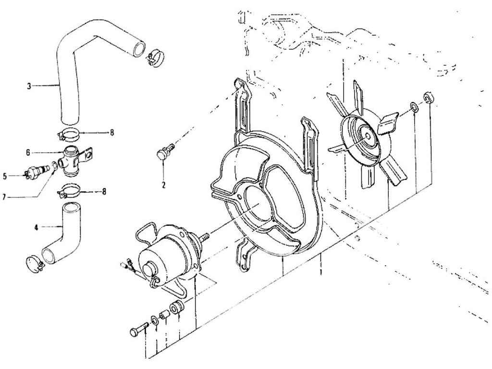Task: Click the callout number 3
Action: pyautogui.click(x=29, y=86)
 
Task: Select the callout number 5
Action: pyautogui.click(x=5, y=176)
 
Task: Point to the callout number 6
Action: pyautogui.click(x=28, y=152)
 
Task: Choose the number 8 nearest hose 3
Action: pyautogui.click(x=112, y=132)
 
